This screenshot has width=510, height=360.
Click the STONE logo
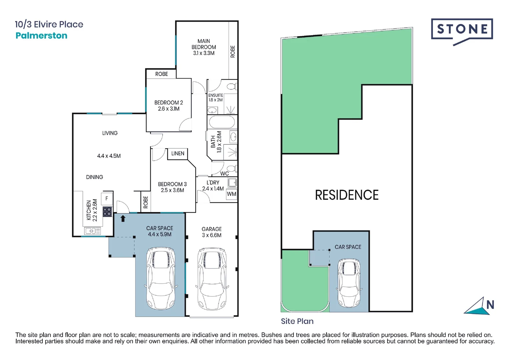(x=462, y=29)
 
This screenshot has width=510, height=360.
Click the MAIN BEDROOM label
(x=203, y=44)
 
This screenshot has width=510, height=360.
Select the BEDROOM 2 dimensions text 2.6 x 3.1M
(x=168, y=109)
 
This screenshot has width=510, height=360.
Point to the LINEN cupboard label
(x=177, y=153)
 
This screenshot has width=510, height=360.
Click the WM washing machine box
(x=231, y=194)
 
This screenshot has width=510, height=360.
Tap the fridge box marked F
(x=107, y=199)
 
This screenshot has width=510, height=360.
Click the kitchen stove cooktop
(x=107, y=212)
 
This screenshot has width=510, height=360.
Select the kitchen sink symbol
(x=92, y=231)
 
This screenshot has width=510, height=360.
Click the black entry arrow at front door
(x=123, y=219)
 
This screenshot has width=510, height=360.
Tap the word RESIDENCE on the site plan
(x=347, y=195)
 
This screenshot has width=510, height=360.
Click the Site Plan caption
(x=297, y=321)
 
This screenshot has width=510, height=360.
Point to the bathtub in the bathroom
(x=222, y=122)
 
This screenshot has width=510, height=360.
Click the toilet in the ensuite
(x=231, y=87)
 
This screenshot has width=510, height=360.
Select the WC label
(x=224, y=173)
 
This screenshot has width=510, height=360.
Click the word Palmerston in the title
(x=41, y=36)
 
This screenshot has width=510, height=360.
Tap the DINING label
(x=94, y=177)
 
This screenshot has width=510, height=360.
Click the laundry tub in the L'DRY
(x=232, y=183)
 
